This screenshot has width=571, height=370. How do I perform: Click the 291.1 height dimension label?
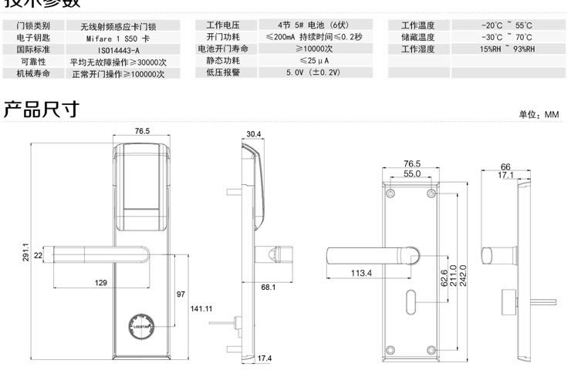click(25, 251)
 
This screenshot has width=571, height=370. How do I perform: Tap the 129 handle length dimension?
click(100, 284)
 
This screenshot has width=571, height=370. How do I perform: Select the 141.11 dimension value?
click(201, 308)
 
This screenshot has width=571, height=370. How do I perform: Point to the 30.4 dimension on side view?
click(254, 134)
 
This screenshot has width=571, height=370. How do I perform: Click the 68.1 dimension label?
click(269, 288)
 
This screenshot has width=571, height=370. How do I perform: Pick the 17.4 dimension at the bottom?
click(265, 358)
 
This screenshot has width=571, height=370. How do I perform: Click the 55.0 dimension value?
click(412, 174)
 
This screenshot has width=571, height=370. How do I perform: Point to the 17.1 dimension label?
click(505, 176)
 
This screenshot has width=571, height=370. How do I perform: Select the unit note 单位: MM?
click(538, 114)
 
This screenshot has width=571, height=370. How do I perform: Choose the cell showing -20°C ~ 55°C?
click(506, 25)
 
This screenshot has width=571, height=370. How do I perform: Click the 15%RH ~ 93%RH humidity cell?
click(506, 49)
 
